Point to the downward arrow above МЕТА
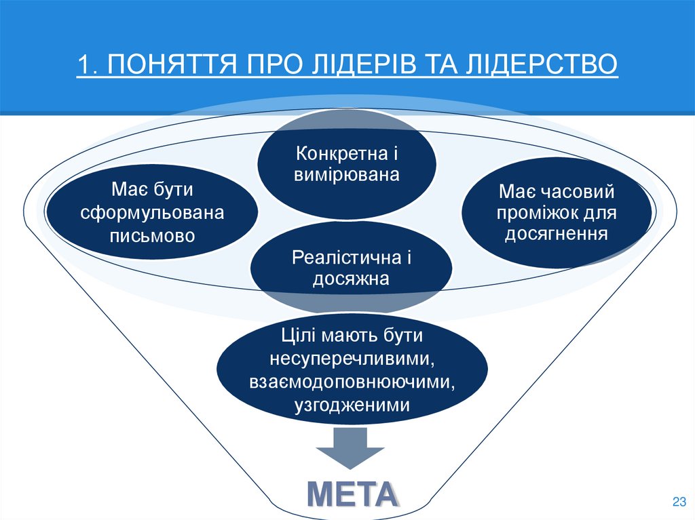[x=352, y=447]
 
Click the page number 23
[x=678, y=502]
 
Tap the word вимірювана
[x=347, y=175]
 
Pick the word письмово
[x=152, y=235]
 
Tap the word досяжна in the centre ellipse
[x=352, y=279]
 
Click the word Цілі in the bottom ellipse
[x=297, y=335]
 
